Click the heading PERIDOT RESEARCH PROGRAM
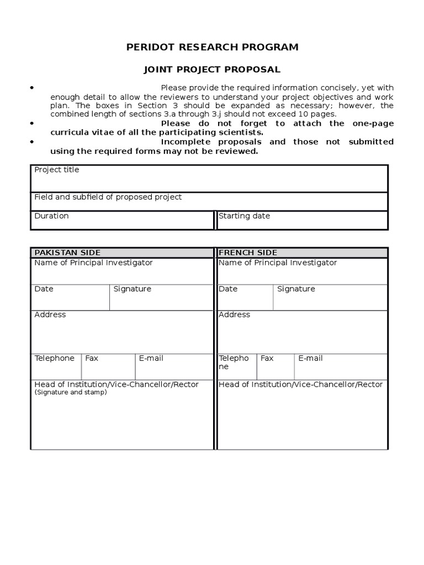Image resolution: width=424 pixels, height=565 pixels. click(x=212, y=47)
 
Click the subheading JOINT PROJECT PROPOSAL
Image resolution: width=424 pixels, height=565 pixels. click(x=212, y=70)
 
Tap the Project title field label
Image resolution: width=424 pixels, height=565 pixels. click(x=57, y=170)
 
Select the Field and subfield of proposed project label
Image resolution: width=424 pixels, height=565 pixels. click(x=108, y=197)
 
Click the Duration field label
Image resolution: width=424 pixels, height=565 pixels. click(x=51, y=216)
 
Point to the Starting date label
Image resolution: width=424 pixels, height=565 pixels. click(x=245, y=216)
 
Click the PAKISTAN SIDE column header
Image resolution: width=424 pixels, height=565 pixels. click(x=67, y=253)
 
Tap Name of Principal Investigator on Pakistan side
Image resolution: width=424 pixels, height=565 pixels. click(x=93, y=263)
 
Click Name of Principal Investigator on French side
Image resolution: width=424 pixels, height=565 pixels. click(x=278, y=263)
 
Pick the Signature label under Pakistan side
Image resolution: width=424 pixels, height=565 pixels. click(x=132, y=289)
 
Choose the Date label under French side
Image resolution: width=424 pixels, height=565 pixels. click(x=228, y=289)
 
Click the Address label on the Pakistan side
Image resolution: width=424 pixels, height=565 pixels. click(x=50, y=315)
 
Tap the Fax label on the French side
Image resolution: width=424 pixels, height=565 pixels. click(x=267, y=359)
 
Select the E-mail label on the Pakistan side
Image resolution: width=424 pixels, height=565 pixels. click(x=151, y=359)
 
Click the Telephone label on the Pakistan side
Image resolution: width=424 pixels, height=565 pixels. click(x=54, y=359)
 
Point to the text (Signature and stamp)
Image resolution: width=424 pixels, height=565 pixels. click(x=71, y=393)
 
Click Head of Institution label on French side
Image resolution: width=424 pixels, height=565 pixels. click(x=300, y=385)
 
